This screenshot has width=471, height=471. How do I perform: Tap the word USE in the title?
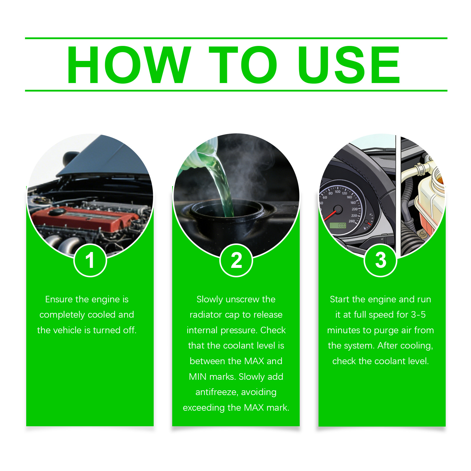349,65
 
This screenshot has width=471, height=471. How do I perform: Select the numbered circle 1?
90,260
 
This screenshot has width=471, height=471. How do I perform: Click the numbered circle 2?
236,260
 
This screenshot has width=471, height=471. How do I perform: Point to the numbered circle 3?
380,260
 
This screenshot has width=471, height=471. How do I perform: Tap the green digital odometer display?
338,225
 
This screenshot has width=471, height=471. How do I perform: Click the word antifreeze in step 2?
216,392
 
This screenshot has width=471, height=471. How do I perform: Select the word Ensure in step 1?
59,299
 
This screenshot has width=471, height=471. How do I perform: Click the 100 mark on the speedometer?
337,192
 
